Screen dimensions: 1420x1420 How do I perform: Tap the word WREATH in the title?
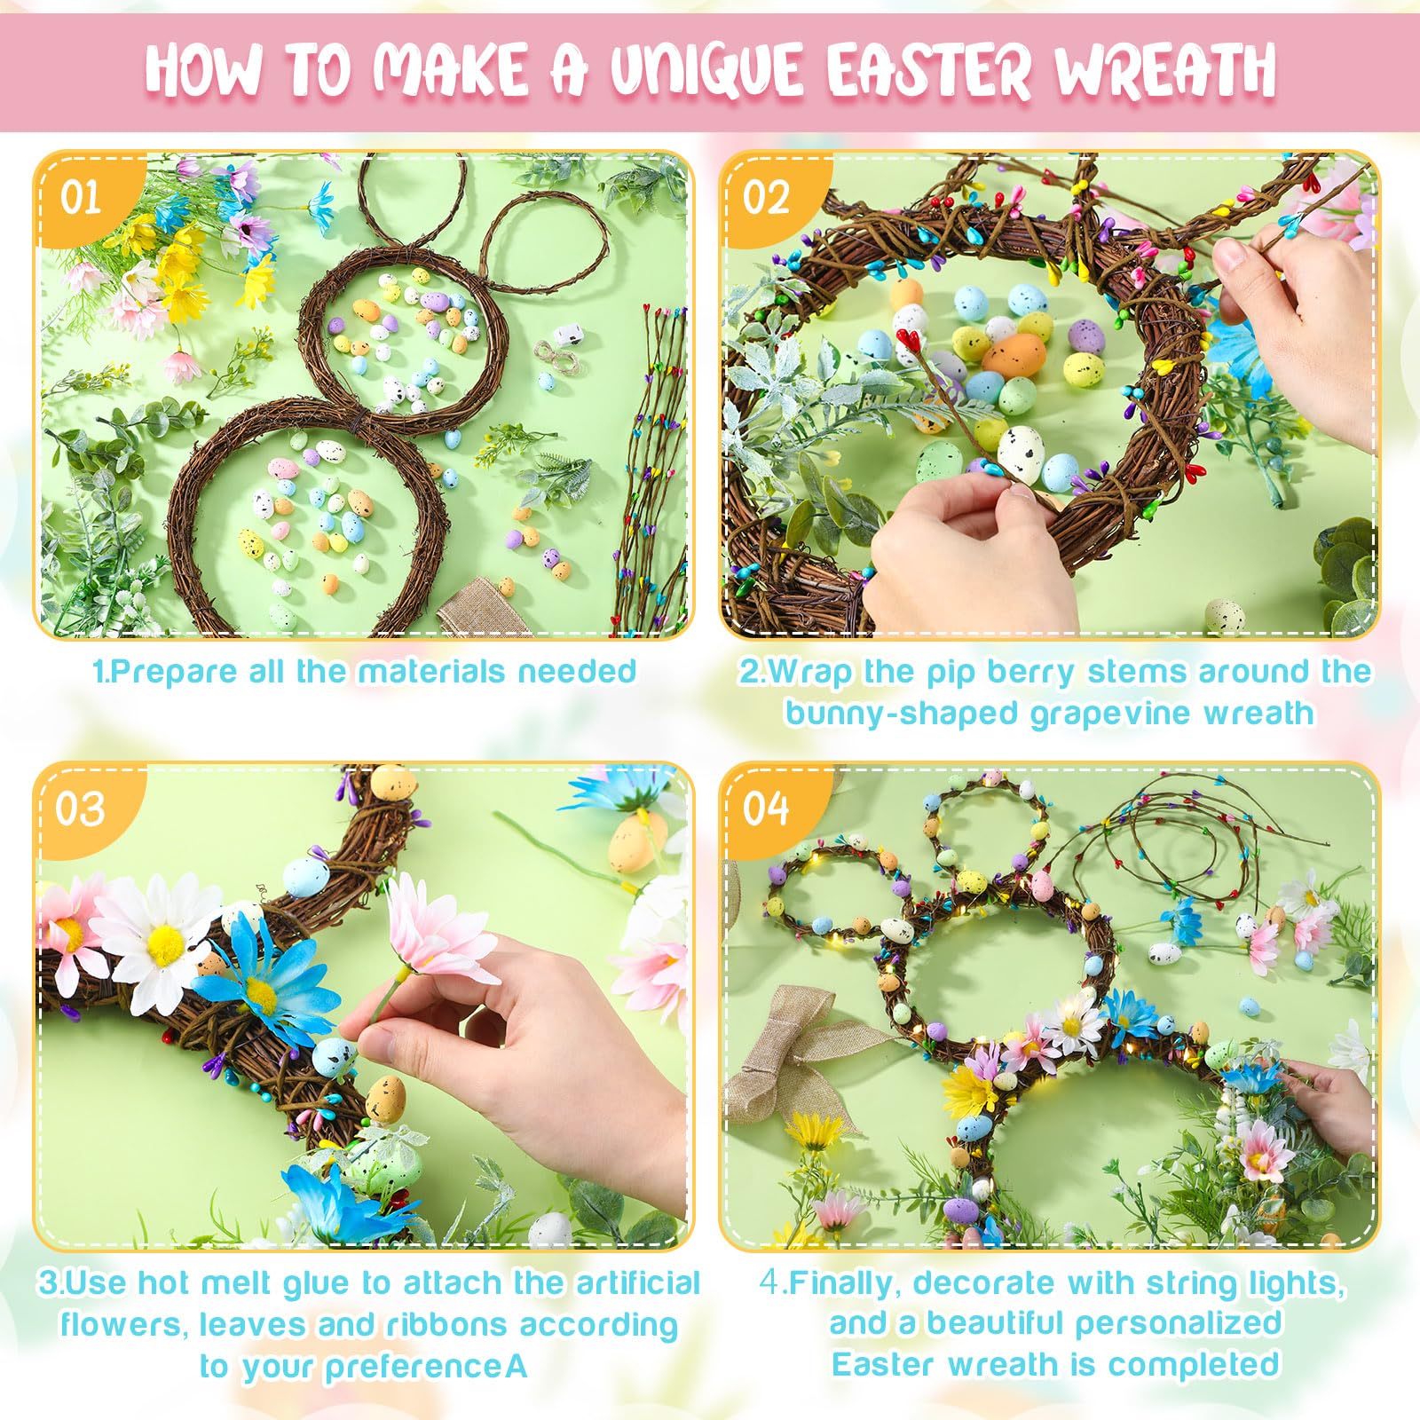[1164, 69]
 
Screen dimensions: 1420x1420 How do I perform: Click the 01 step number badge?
[81, 197]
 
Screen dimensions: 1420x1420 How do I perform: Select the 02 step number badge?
[766, 197]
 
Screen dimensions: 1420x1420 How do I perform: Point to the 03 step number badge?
[81, 809]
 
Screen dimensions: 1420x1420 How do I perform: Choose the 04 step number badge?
[766, 809]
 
